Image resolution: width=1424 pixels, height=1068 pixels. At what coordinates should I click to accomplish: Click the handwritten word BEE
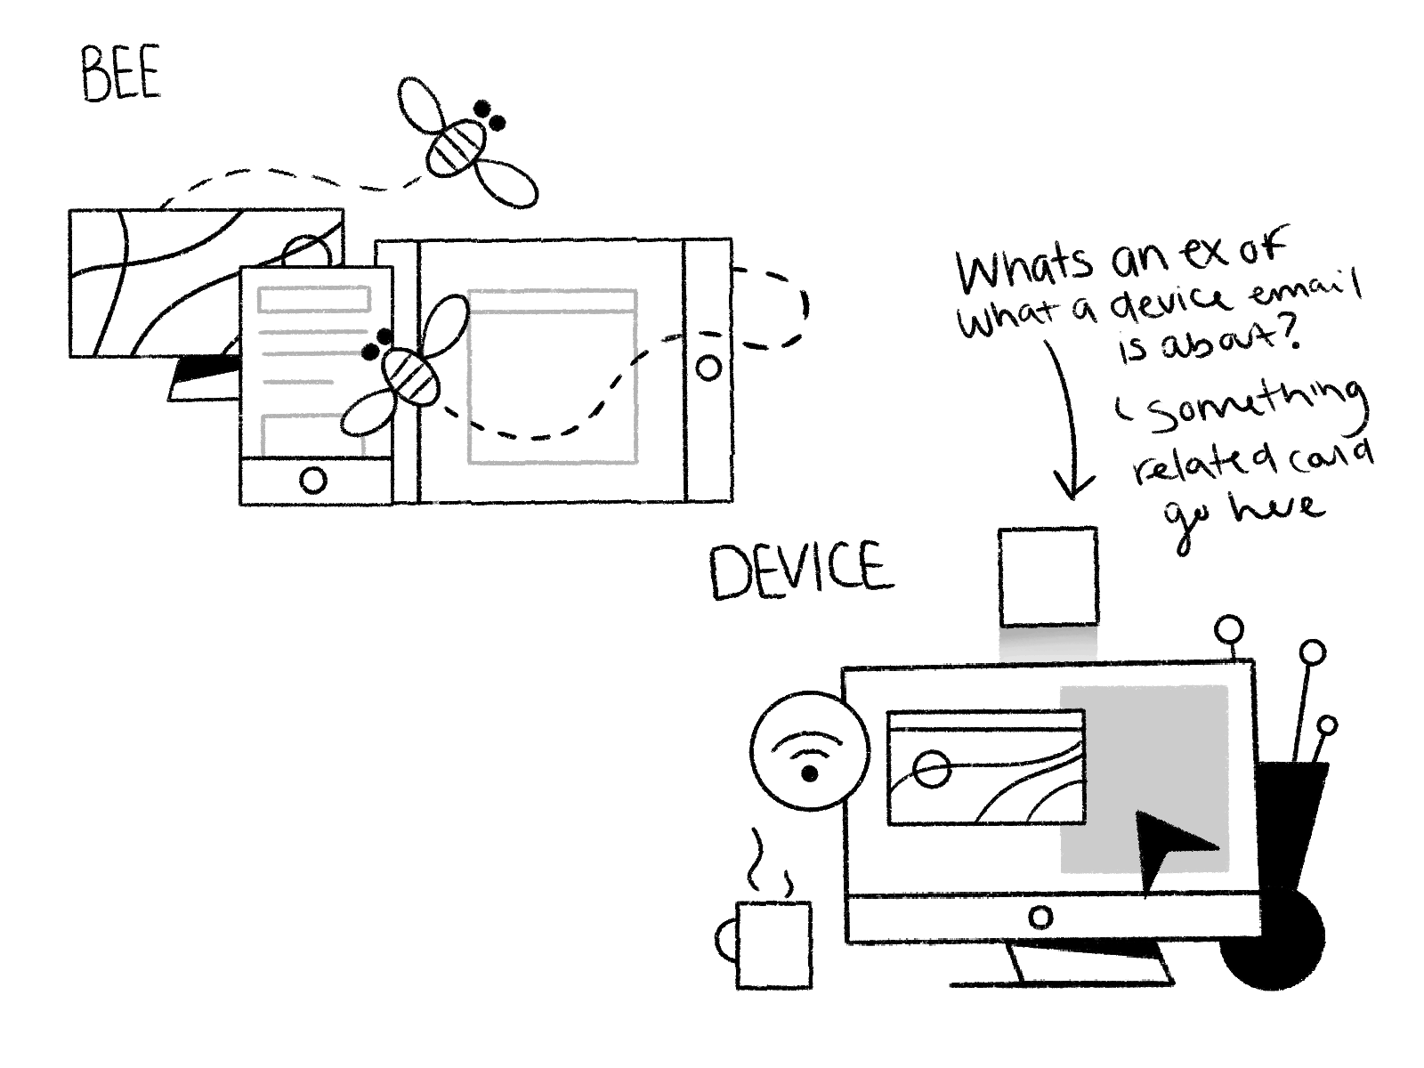pyautogui.click(x=120, y=74)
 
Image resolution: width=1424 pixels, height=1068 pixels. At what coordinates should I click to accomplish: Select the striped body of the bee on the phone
pyautogui.click(x=410, y=375)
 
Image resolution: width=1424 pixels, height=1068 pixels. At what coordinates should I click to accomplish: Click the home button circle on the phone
pyautogui.click(x=313, y=481)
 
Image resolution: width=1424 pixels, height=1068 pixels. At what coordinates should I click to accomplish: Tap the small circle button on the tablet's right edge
pyautogui.click(x=709, y=368)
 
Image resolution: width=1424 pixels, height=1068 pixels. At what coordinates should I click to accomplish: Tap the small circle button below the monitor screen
pyautogui.click(x=1040, y=917)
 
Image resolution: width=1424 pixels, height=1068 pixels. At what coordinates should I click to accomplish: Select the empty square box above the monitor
pyautogui.click(x=1048, y=577)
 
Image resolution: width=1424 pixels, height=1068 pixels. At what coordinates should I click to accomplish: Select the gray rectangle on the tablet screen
pyautogui.click(x=553, y=376)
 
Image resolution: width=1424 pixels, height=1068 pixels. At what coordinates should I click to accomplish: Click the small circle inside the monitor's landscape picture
pyautogui.click(x=931, y=769)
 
